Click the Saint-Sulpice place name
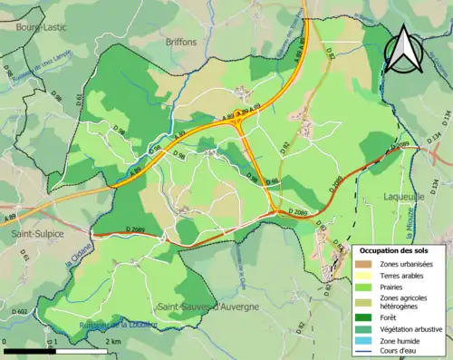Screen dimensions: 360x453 click(x=29, y=233)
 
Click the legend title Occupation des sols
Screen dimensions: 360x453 click(x=400, y=250)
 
